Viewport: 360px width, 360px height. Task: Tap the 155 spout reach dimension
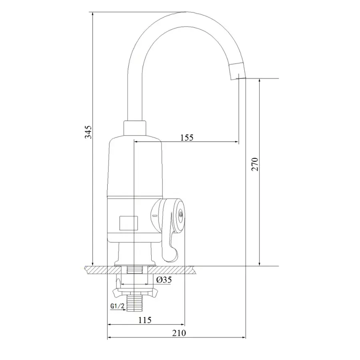(x=186, y=138)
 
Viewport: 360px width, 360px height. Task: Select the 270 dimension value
(x=256, y=164)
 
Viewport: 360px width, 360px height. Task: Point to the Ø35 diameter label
(x=164, y=280)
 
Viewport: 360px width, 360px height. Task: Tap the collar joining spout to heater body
(x=136, y=128)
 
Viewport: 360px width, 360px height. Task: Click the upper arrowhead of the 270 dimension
(x=260, y=81)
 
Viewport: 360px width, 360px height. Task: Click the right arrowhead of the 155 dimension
(x=236, y=142)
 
